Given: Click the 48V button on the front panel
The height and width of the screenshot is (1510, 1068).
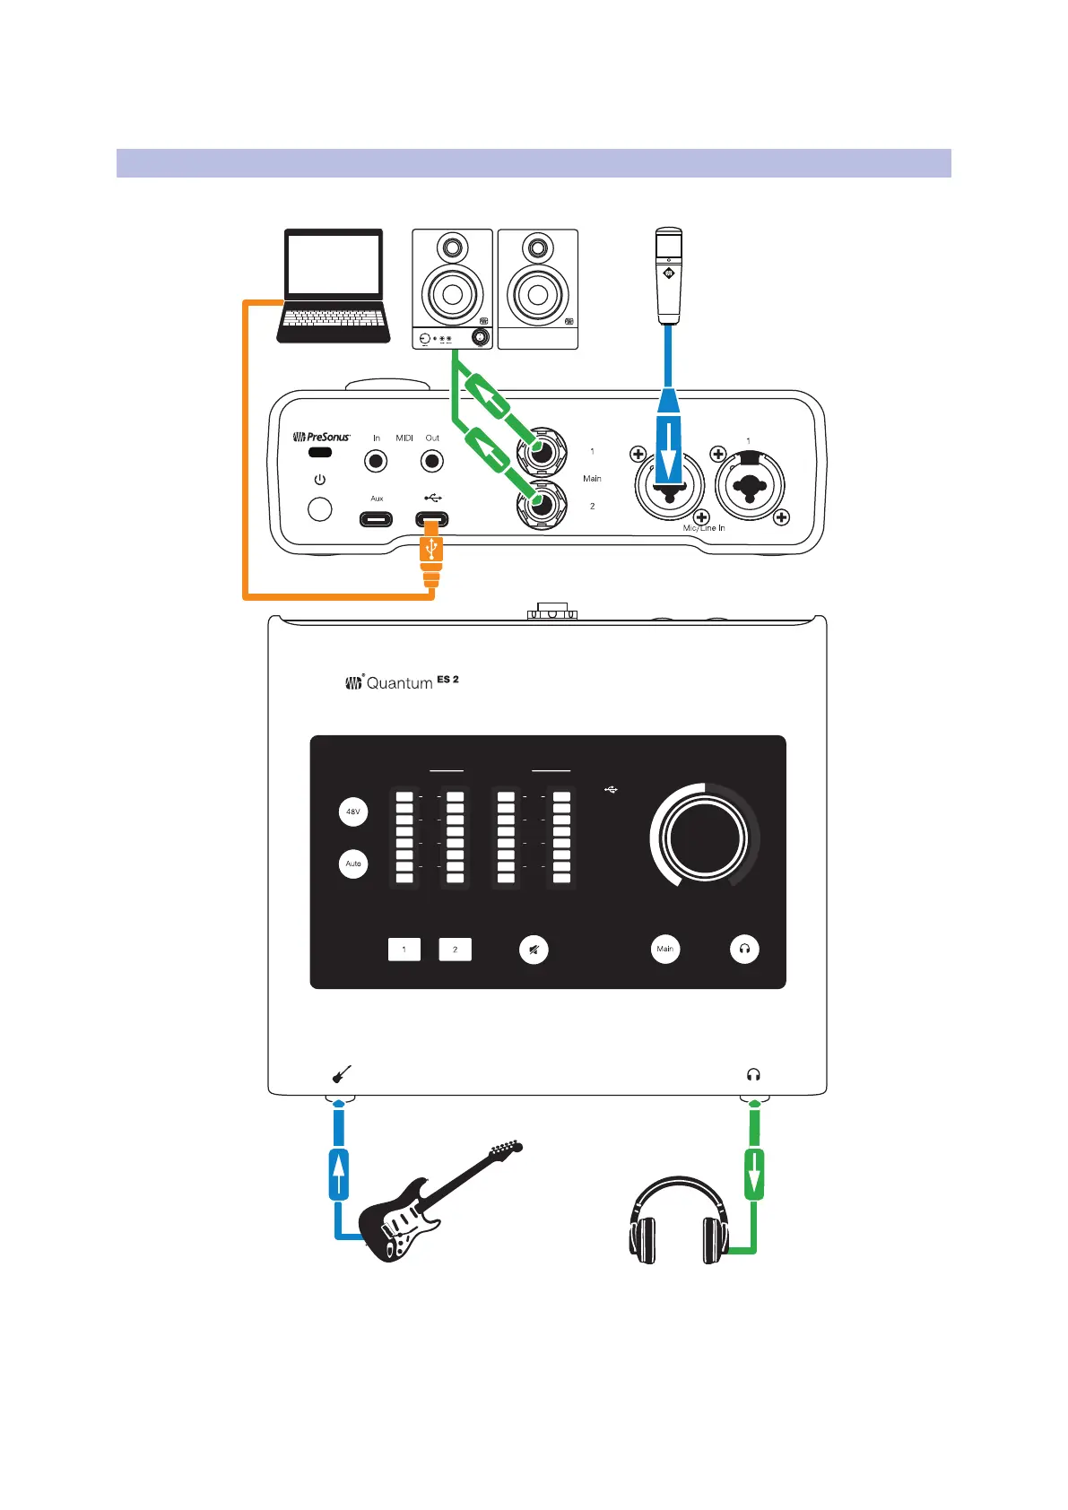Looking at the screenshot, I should pos(353,812).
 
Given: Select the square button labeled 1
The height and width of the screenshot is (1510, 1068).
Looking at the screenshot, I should pos(404,950).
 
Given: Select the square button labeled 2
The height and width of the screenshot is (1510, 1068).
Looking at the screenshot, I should pos(455,950).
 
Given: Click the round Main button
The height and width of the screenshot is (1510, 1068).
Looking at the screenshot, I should pos(665,949).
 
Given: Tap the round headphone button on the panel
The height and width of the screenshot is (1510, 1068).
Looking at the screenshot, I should pos(744,949).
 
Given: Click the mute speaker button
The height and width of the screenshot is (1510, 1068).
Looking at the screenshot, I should pos(534,950).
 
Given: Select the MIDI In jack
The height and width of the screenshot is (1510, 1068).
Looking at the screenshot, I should pos(376,462).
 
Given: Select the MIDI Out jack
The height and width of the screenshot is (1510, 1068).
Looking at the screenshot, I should pos(432,462).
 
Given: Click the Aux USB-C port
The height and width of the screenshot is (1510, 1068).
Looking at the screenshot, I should pos(377,519).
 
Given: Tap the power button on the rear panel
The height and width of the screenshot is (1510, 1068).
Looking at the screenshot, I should pos(319,509).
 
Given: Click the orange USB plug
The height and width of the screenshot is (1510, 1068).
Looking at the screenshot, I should pos(431,556).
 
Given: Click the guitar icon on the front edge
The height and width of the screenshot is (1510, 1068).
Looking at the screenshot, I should pos(341,1073).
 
